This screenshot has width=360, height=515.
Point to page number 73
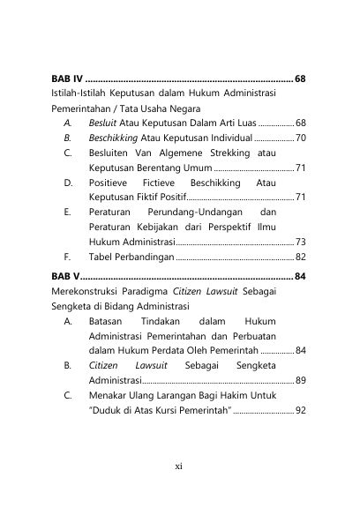[x=301, y=241]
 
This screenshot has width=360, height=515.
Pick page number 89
[x=301, y=380]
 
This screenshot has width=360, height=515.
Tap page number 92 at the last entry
[x=301, y=411]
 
